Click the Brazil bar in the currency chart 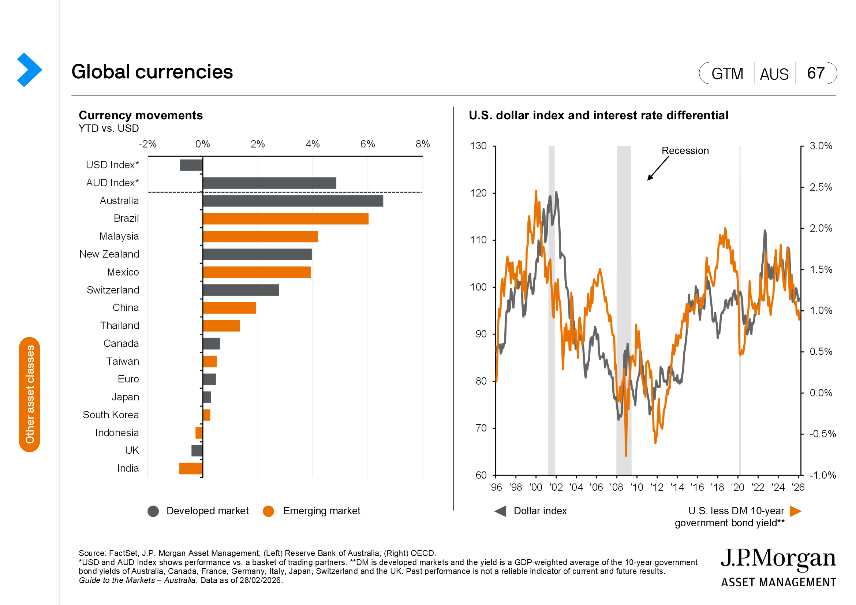285,219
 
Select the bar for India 191,468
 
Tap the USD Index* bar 191,165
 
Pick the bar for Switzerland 241,290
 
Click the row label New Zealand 109,254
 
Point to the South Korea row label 111,415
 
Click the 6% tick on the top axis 367,144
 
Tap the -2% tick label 147,144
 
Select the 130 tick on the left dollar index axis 478,146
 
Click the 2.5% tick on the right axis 821,187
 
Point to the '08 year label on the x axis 617,487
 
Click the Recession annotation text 685,150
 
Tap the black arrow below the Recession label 658,168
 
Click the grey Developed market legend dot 153,511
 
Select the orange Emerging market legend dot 268,511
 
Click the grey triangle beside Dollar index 501,511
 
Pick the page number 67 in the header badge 816,73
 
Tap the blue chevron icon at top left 29,70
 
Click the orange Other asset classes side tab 29,395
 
